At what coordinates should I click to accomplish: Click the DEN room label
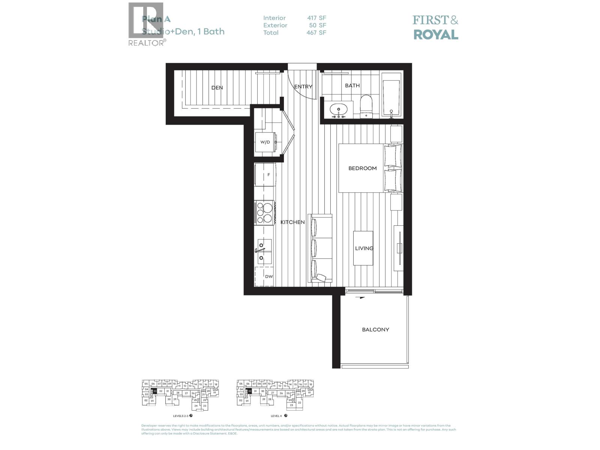coord(217,88)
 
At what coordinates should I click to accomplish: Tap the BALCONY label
coord(375,330)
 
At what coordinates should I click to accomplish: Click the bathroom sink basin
coord(339,109)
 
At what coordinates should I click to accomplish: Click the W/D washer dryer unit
coord(265,142)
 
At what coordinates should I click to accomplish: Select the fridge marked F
coord(265,175)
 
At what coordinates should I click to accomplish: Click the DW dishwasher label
coord(268,276)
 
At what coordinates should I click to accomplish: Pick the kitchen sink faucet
coord(260,249)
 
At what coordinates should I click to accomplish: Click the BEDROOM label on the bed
coord(362,168)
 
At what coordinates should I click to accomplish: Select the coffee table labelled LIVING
coord(363,248)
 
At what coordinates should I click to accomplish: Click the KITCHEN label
coord(292,222)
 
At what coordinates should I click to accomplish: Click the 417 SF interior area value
coord(316,18)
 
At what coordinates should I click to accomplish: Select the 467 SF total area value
coord(316,33)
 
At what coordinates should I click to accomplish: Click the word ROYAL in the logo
coord(435,35)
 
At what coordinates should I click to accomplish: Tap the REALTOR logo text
coord(146,43)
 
